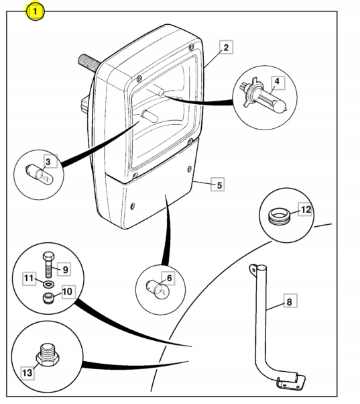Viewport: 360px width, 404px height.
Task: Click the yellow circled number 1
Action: tap(35, 11)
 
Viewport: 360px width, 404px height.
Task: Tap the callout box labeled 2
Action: tap(226, 47)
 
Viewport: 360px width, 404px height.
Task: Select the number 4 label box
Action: tap(277, 83)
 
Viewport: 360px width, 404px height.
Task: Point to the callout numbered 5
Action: tap(218, 185)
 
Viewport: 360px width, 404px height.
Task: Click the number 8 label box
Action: tap(290, 301)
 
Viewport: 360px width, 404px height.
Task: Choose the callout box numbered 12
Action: tap(306, 209)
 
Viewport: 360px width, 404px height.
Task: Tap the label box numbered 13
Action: tap(27, 372)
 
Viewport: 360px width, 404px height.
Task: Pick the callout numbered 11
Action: tap(29, 279)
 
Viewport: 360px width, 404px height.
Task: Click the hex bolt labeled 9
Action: tap(48, 265)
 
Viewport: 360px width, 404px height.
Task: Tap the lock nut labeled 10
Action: tap(48, 299)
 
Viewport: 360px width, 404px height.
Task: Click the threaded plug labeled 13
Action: tap(48, 354)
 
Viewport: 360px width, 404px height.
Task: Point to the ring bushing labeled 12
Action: tap(279, 215)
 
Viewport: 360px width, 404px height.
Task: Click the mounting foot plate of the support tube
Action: tap(291, 381)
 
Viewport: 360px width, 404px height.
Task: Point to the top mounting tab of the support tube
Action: tap(253, 270)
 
